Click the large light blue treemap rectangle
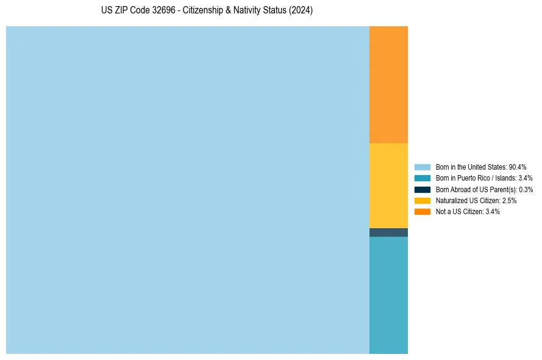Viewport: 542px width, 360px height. [x=188, y=190]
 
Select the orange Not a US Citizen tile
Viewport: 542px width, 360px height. [x=388, y=85]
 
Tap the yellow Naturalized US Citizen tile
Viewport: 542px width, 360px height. [x=388, y=185]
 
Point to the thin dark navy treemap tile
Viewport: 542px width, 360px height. [x=388, y=232]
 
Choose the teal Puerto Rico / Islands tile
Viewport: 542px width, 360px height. [x=388, y=295]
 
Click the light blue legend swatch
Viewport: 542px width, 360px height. [x=423, y=167]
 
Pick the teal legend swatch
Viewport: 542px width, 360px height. [x=423, y=178]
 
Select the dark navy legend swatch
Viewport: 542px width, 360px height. [x=423, y=190]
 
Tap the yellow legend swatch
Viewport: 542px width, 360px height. [x=423, y=201]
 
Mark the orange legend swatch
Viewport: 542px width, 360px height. [x=423, y=212]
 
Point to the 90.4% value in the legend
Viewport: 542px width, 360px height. [x=518, y=167]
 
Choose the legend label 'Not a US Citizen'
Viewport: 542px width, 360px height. [x=459, y=212]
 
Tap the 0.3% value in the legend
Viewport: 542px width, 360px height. [x=526, y=190]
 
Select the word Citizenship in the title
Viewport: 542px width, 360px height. [x=204, y=11]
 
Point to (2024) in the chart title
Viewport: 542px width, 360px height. [x=301, y=11]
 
